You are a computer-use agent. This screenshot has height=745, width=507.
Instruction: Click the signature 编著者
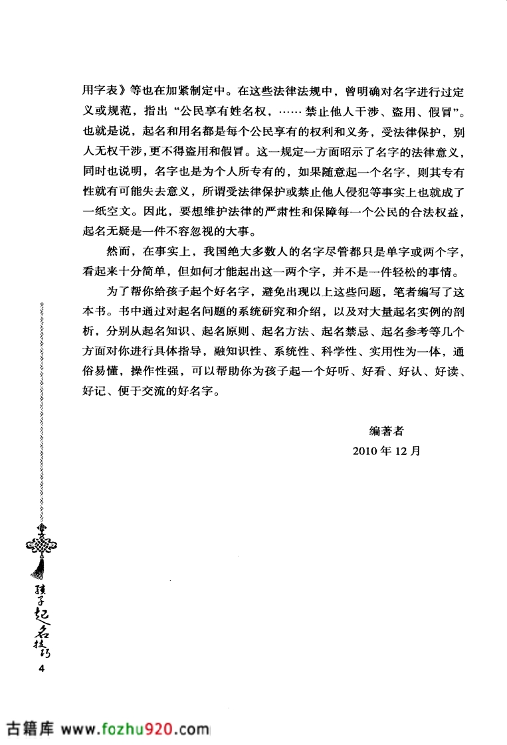pyautogui.click(x=386, y=431)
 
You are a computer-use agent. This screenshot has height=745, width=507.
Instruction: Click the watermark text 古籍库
pyautogui.click(x=30, y=729)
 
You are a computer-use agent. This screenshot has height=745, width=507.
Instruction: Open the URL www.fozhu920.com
pyautogui.click(x=138, y=729)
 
